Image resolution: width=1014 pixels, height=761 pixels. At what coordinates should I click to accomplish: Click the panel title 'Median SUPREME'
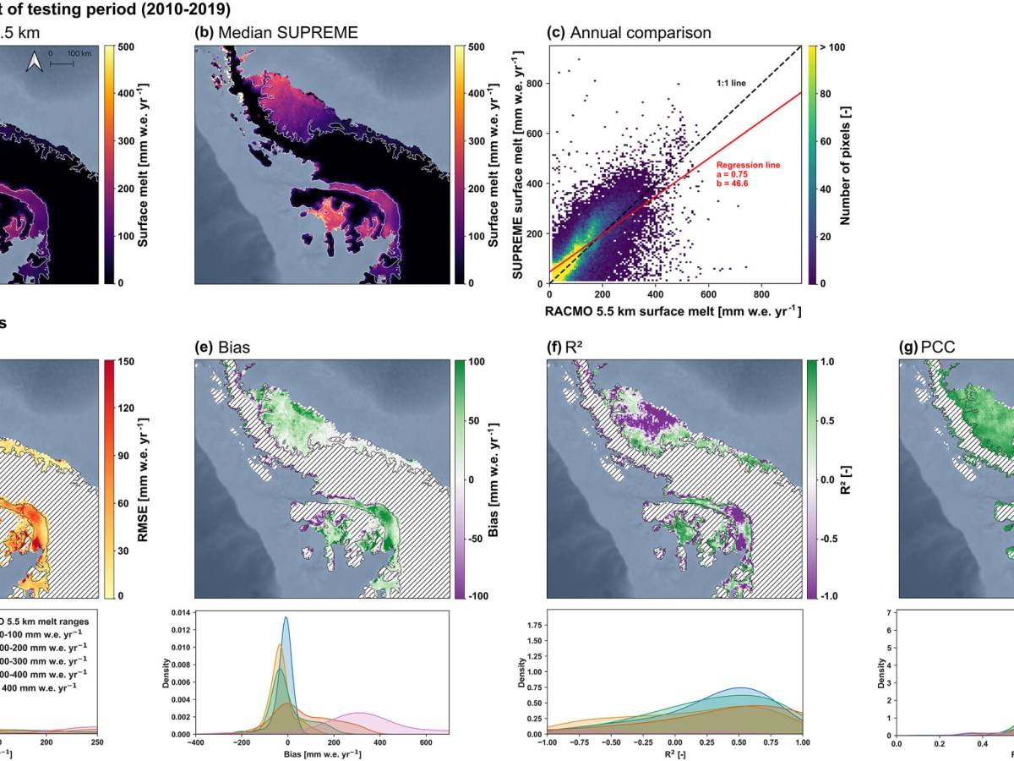pyautogui.click(x=287, y=33)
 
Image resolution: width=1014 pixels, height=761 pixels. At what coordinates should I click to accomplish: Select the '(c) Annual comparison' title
pyautogui.click(x=630, y=33)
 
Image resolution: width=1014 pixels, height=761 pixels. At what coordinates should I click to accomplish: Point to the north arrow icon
pyautogui.click(x=35, y=62)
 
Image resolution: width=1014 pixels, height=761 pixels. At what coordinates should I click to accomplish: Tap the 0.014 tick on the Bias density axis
pyautogui.click(x=178, y=611)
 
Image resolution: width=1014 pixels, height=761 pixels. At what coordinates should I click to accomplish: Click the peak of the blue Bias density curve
pyautogui.click(x=286, y=617)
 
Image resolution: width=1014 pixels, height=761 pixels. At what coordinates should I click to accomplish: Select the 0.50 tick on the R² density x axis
pyautogui.click(x=739, y=745)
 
